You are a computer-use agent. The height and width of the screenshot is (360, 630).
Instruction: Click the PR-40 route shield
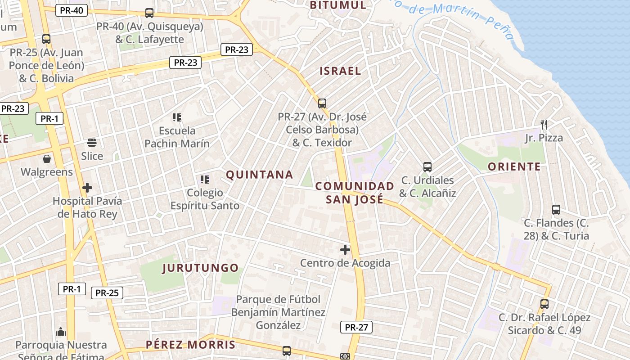coord(71,10)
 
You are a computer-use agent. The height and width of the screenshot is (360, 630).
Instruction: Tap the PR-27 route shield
coord(356,327)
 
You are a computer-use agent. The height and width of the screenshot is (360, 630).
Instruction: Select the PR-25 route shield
coord(107,293)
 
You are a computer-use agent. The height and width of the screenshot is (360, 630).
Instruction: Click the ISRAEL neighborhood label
coord(340,71)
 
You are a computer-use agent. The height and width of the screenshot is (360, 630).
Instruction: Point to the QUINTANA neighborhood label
coord(259,175)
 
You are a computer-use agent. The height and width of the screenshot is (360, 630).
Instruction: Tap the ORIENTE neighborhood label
coord(514,166)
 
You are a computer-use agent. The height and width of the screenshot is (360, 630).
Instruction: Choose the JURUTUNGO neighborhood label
coord(200,268)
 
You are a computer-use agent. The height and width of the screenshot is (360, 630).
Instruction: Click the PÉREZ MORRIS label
coord(190,345)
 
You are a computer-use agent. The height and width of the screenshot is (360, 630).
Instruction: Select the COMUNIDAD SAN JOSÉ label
coord(355,193)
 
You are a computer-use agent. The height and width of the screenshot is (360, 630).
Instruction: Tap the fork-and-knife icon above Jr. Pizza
coord(544,125)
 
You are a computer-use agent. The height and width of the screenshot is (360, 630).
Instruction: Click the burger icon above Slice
coord(92,143)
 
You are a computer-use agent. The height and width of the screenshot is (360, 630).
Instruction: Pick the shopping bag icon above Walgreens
coord(47,159)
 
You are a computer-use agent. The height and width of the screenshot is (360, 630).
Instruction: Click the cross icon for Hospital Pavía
coord(87,187)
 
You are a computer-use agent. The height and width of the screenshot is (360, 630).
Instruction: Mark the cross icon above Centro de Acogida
coord(345,250)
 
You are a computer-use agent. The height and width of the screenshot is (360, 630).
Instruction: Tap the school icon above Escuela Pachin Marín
coord(177,117)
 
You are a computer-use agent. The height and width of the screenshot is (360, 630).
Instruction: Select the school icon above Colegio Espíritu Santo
coord(205,180)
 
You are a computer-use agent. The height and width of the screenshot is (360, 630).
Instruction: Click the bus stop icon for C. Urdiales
coord(427,167)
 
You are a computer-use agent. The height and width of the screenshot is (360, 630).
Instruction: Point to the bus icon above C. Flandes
coord(556,210)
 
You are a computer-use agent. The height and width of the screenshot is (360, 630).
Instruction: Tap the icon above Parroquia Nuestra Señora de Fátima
coord(61,332)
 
